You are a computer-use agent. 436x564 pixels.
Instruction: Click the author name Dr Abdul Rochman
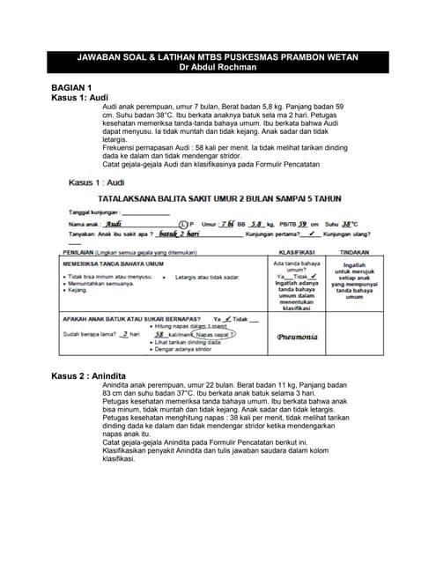[218, 66]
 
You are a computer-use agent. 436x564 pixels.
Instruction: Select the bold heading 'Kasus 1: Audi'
[80, 97]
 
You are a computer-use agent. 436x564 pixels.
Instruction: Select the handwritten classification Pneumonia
[290, 336]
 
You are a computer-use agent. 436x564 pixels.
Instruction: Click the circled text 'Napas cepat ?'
[214, 335]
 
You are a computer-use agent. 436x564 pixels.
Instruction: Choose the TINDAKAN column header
[353, 252]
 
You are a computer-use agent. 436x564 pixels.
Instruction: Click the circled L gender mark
[183, 224]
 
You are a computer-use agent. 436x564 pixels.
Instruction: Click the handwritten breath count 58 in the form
[159, 335]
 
